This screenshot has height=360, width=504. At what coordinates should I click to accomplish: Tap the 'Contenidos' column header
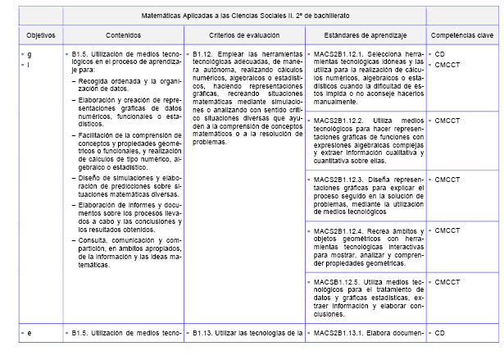[x=123, y=36]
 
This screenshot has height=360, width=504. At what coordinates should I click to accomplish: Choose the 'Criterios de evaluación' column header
[x=243, y=36]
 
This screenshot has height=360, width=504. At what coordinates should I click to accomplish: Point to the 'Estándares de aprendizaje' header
[x=362, y=36]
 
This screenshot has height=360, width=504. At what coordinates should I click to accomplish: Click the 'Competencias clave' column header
[x=461, y=36]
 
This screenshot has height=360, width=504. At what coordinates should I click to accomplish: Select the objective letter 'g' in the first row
[x=29, y=53]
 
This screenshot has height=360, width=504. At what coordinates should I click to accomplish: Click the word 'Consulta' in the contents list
[x=92, y=238]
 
